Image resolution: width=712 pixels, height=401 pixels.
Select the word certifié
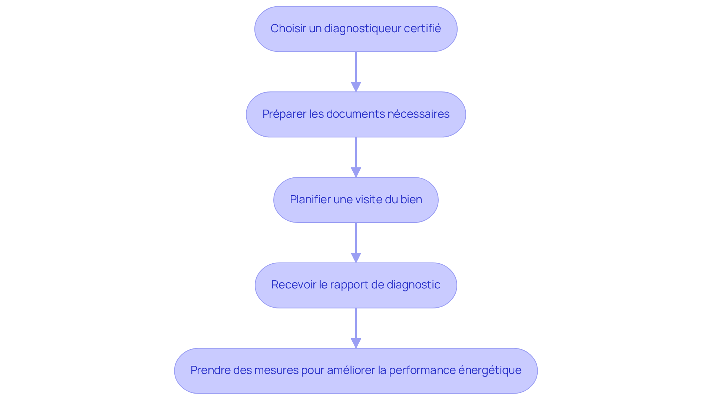(x=422, y=29)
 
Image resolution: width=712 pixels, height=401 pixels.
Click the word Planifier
(x=310, y=200)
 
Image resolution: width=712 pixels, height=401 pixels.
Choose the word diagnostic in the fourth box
(x=413, y=285)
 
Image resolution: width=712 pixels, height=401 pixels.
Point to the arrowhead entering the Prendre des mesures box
(x=356, y=343)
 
